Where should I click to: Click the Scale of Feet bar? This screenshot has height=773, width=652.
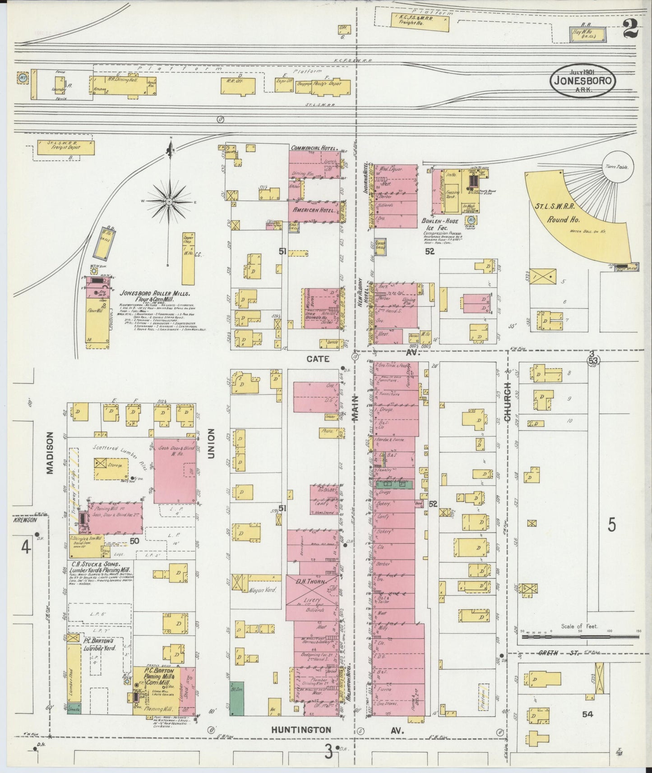point(580,637)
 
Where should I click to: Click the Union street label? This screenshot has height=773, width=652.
point(210,444)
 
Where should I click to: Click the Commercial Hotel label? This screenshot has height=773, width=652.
point(314,147)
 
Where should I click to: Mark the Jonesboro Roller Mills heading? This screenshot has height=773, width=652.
point(157,293)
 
